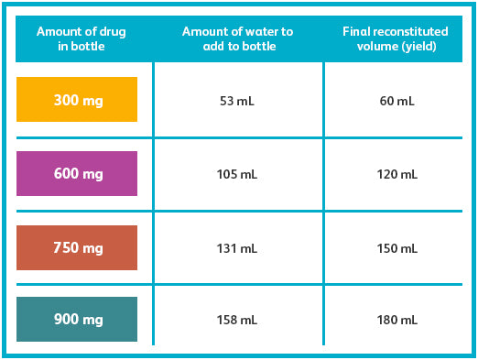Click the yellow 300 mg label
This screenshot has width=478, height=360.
(77, 100)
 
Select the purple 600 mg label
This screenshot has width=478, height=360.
(77, 173)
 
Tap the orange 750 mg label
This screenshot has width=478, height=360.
(77, 247)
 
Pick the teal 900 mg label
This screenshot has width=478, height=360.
(77, 319)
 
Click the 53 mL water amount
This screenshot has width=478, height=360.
(237, 101)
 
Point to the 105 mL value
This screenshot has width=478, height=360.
(237, 174)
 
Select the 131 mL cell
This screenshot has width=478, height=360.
(237, 248)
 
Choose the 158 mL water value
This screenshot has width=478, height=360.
(237, 320)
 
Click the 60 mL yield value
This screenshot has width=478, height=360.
(397, 101)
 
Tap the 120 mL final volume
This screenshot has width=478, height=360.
(397, 174)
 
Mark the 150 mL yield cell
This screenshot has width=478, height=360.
(397, 248)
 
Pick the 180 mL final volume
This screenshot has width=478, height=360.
(397, 320)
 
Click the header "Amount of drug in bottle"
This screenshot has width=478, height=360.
(81, 38)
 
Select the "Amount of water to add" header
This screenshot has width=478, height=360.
(238, 38)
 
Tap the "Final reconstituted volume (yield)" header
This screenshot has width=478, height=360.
(396, 38)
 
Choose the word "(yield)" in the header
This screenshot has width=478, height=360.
(419, 47)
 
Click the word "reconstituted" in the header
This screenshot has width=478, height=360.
(410, 31)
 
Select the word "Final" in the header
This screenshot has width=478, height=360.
(356, 31)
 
